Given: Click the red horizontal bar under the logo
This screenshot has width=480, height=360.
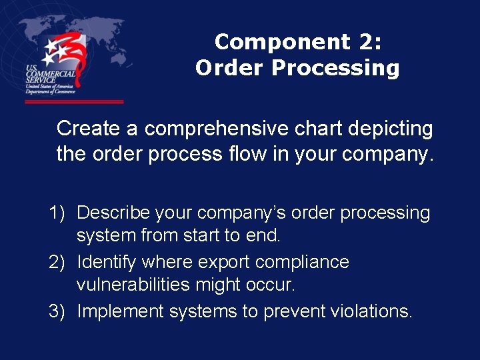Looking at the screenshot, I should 74,102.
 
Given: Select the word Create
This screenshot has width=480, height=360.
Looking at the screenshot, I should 97,128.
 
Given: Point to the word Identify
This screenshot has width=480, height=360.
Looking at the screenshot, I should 107,262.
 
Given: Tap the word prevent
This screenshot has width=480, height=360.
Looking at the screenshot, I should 289,311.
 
